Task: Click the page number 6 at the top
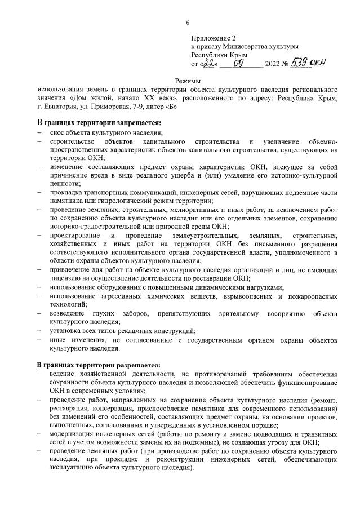tap(188, 23)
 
